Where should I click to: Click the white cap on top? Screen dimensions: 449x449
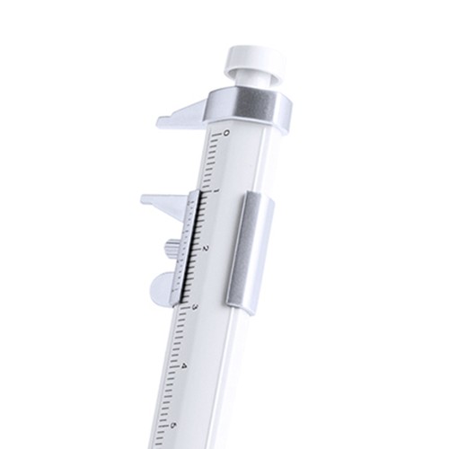point(254,58)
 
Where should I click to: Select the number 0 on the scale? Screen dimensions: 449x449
point(225,134)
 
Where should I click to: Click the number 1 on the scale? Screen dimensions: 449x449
point(216,191)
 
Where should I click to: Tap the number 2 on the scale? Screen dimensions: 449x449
point(206,248)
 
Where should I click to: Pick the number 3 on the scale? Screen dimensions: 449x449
point(195,307)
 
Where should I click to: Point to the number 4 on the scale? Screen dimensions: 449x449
point(184,366)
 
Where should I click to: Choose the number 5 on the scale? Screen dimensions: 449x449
point(174,425)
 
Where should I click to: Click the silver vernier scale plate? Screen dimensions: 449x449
point(189,247)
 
